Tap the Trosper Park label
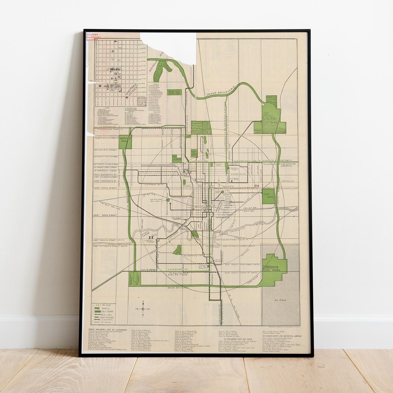tap(273, 269)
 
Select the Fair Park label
tap(268, 196)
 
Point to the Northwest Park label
tap(125, 140)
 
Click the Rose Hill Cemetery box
tap(174, 93)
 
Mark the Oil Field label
tap(280, 300)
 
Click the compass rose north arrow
tap(143, 302)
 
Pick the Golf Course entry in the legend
tap(107, 311)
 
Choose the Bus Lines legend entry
tap(107, 315)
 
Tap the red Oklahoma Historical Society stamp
tap(92, 37)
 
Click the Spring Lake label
tap(258, 131)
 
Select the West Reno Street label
tap(105, 215)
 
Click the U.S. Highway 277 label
tap(179, 269)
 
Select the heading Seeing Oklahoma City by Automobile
tap(107, 330)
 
